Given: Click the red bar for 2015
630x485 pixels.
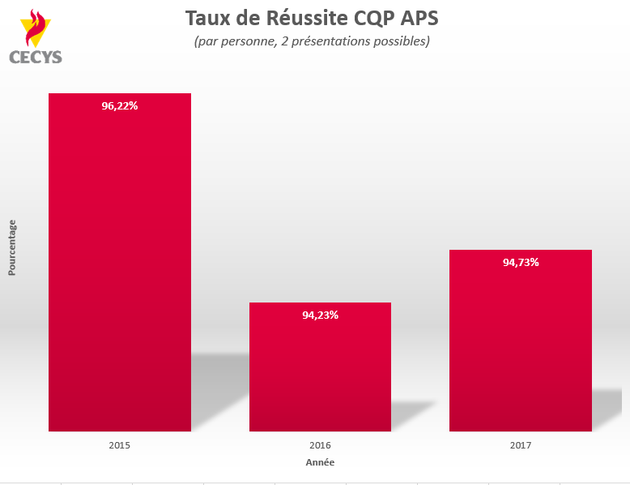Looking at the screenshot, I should coord(120,268).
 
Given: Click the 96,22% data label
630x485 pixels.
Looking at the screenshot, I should coord(120,105).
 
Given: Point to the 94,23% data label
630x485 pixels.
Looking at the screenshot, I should coord(320,315).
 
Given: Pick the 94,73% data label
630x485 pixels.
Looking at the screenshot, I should coord(520,262).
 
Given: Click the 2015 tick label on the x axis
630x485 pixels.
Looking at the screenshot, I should coord(120,445).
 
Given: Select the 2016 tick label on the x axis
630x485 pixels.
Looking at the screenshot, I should coord(320,445).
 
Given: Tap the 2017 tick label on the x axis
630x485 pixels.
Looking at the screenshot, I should coord(520,445).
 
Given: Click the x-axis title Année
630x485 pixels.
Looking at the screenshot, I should coord(320,462).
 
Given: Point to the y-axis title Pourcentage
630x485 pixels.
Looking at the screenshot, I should coord(12,247).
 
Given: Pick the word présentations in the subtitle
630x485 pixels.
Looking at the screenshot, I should coord(326,41).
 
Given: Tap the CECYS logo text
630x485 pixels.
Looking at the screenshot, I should coord(36,57).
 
